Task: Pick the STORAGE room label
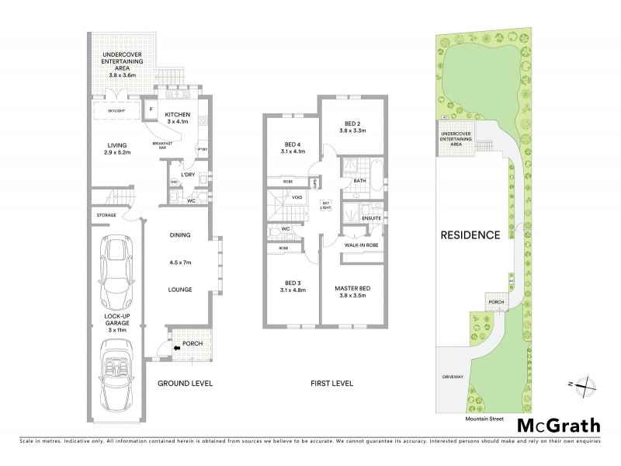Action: (x=106, y=214)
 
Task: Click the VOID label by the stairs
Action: (x=296, y=197)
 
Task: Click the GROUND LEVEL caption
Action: (x=185, y=384)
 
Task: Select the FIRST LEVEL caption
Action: (x=327, y=384)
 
